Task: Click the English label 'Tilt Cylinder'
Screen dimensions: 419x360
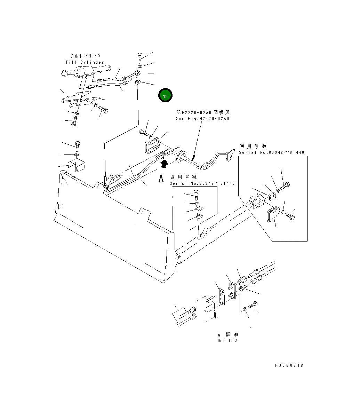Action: tap(85, 62)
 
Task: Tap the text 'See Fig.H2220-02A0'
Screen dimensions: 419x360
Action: tap(202, 119)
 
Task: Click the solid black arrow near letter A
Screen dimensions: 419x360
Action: tap(164, 161)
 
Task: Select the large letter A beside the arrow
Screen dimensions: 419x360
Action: tap(161, 178)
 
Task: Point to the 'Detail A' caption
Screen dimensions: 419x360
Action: tap(227, 341)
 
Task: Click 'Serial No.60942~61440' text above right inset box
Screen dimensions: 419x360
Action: tap(271, 152)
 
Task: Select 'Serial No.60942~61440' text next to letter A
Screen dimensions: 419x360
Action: tap(202, 183)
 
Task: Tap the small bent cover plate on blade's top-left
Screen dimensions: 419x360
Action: tap(77, 164)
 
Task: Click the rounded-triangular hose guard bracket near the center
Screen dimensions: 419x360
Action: tap(152, 145)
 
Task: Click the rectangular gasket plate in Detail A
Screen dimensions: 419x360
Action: tap(221, 298)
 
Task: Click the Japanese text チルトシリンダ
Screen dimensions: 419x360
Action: tap(85, 56)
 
